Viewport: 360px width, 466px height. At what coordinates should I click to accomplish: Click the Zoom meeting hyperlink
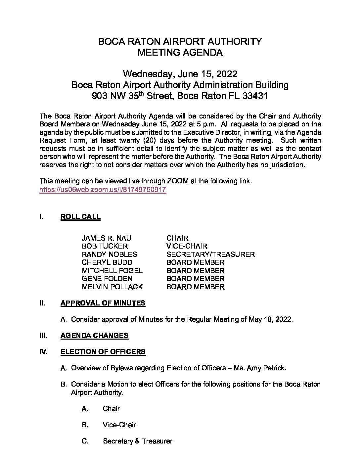pos(103,190)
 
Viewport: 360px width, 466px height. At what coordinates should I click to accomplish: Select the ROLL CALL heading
pos(80,217)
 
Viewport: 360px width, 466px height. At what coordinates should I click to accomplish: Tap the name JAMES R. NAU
pos(106,238)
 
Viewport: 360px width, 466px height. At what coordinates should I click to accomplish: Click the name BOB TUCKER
pos(105,246)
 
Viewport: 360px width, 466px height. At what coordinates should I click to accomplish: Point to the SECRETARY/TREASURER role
pos(210,255)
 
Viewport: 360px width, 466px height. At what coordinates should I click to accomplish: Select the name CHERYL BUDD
pos(107,262)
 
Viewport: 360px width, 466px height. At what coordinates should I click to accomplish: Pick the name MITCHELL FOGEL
pos(112,271)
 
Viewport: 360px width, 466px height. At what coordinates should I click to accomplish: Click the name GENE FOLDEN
pos(107,279)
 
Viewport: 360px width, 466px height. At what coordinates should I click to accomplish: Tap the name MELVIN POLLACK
pos(112,287)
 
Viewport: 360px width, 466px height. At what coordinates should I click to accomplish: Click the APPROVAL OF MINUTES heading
pos(103,303)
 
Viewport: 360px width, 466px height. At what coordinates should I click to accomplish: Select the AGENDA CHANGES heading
pos(94,336)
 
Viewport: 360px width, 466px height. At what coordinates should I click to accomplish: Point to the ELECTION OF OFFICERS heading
pos(103,352)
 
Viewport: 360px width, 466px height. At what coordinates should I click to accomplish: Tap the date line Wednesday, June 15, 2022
pos(180,73)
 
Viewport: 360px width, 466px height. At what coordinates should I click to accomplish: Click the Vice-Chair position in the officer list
pos(119,425)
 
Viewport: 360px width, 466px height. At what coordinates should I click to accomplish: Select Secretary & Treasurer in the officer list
pos(137,441)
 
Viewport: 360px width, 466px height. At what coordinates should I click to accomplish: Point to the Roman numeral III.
pos(43,336)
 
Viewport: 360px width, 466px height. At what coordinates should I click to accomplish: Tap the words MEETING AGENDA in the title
pos(180,52)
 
